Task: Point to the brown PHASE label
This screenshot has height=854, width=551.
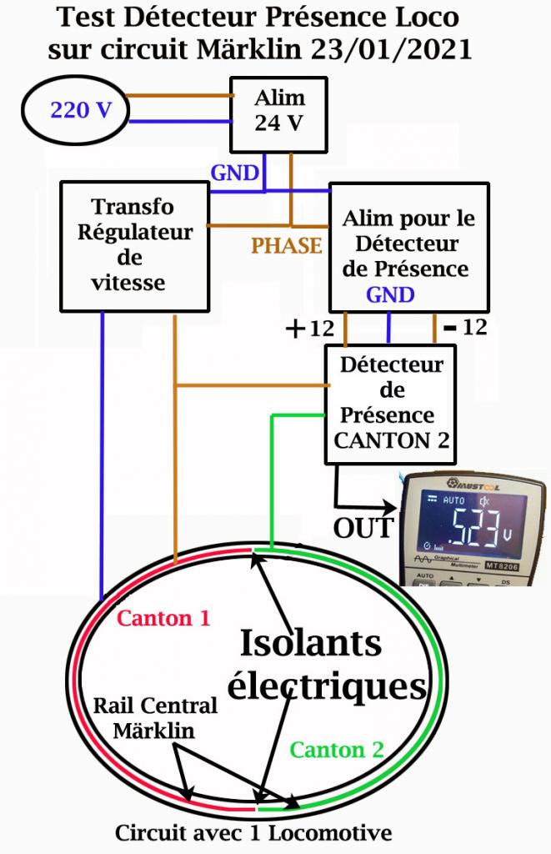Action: coord(287,245)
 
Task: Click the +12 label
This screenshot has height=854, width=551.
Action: coord(308,329)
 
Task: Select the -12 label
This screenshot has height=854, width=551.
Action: coord(465,328)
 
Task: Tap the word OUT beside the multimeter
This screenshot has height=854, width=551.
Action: coord(362,528)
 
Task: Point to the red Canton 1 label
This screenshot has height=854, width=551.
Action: coord(163,619)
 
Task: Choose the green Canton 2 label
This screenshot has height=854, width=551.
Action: coord(337,748)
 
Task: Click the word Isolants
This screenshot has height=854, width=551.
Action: coord(311,643)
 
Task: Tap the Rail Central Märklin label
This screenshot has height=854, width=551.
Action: coord(154,718)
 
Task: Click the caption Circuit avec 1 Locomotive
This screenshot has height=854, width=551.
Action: coord(253,832)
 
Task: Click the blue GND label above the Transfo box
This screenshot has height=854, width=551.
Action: coord(235,173)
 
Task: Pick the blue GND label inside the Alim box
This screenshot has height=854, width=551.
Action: coord(390,294)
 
